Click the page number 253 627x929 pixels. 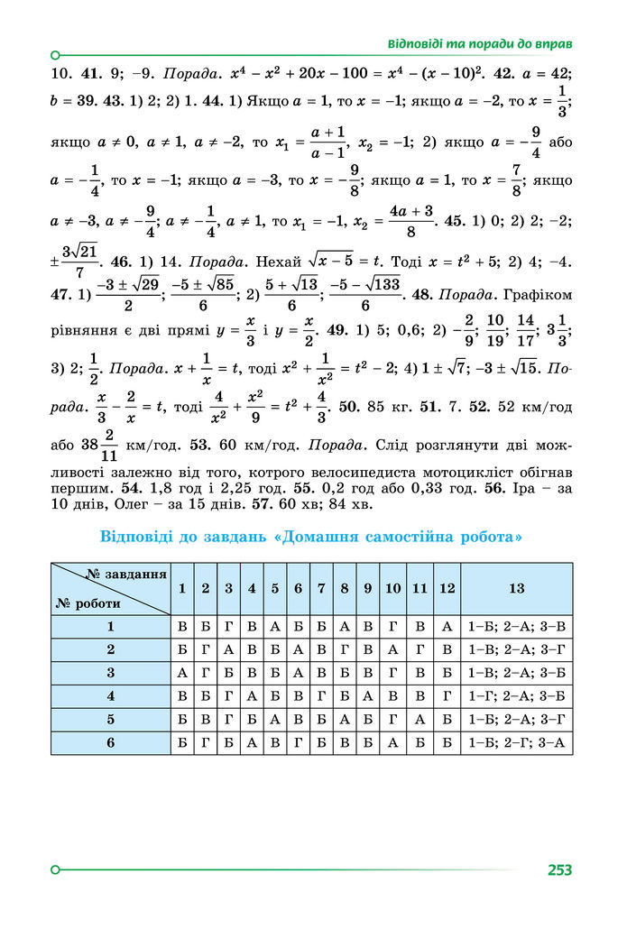(558, 870)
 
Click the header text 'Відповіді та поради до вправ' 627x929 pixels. (481, 43)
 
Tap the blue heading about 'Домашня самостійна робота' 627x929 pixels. (311, 538)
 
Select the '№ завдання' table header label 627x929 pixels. (127, 575)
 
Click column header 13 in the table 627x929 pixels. (516, 588)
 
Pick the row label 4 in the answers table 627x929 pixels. (111, 695)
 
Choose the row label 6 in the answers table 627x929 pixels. (111, 742)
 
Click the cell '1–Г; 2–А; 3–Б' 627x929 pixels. (516, 695)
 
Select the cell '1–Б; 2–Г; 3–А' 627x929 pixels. (516, 742)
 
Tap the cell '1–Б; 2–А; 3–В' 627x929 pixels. (516, 626)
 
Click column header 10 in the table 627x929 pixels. (392, 588)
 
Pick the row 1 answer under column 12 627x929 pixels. (447, 626)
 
